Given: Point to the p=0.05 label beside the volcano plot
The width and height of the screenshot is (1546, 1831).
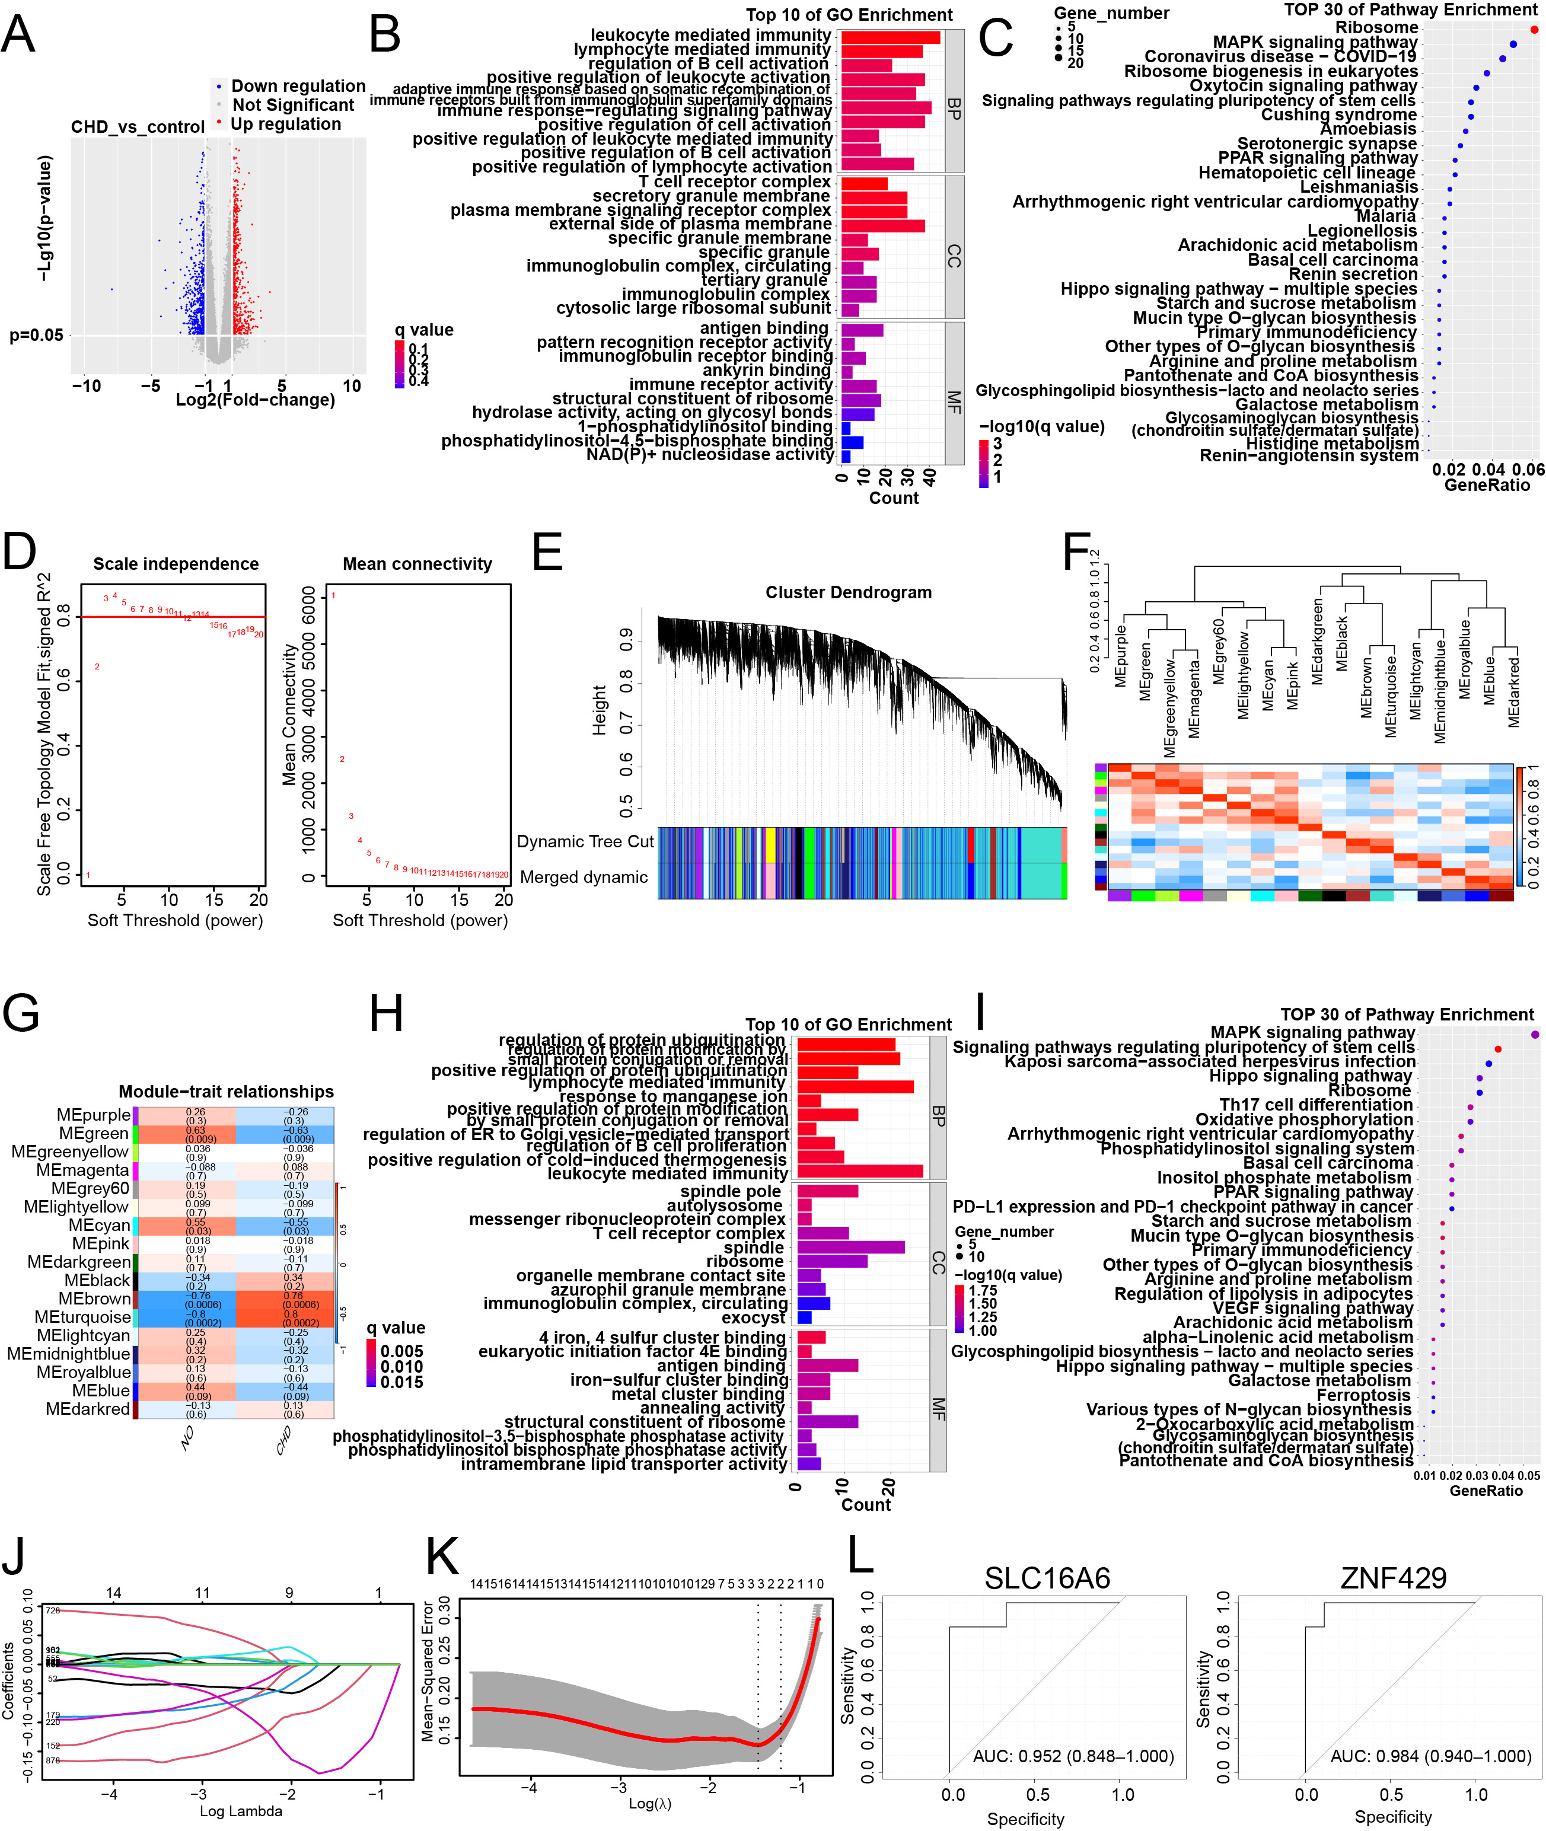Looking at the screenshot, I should pyautogui.click(x=36, y=334).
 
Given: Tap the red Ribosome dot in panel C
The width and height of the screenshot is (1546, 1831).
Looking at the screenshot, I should pyautogui.click(x=1534, y=29).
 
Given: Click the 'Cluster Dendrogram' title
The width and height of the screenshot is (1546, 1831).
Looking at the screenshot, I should pyautogui.click(x=849, y=592).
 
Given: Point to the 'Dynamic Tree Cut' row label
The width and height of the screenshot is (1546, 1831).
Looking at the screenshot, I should pyautogui.click(x=585, y=841).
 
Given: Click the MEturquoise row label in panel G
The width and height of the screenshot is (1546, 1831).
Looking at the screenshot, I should pyautogui.click(x=82, y=1317).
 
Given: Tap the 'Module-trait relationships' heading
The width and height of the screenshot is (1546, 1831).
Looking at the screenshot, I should pyautogui.click(x=226, y=1092).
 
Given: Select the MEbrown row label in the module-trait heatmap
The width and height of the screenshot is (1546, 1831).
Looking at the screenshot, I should pyautogui.click(x=95, y=1299).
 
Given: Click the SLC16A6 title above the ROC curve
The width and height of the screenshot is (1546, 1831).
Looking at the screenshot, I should pyautogui.click(x=1047, y=1578).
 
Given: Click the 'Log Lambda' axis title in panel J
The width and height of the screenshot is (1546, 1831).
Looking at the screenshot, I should pyautogui.click(x=241, y=1811).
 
